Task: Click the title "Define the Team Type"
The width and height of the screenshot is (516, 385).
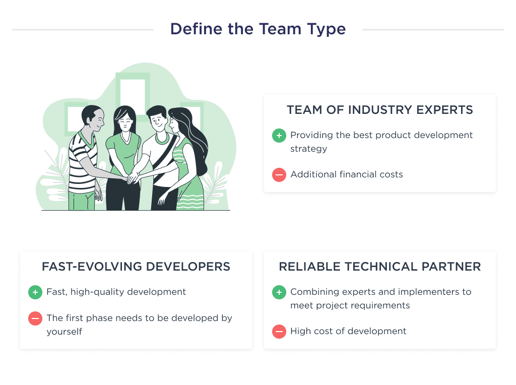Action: [x=257, y=29]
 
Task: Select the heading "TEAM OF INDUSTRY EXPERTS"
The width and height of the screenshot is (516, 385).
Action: [x=379, y=110]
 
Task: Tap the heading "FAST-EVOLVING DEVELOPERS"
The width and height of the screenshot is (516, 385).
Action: [x=136, y=267]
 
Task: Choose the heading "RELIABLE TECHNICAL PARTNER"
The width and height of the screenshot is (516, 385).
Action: [x=379, y=267]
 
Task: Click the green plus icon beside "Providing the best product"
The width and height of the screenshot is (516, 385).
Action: [x=279, y=136]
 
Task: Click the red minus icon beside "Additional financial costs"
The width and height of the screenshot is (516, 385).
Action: [x=279, y=175]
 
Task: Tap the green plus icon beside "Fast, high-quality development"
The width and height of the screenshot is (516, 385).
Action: [x=35, y=292]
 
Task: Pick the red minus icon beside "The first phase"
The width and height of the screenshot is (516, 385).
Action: [x=35, y=318]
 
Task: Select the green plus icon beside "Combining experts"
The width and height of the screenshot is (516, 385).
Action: [x=279, y=292]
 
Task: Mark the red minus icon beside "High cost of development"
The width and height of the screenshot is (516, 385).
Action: [x=279, y=332]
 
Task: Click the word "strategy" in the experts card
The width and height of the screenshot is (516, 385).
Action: [x=308, y=149]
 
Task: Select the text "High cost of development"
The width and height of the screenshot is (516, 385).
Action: [x=348, y=332]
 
